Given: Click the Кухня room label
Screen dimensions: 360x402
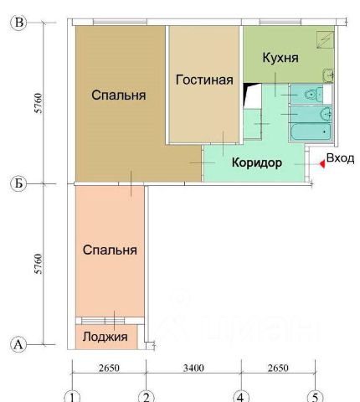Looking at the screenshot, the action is click(280, 58).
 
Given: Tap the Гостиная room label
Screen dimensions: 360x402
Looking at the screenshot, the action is click(204, 80).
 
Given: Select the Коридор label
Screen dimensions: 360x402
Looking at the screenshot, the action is click(257, 162).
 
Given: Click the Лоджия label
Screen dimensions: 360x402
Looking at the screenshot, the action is click(105, 337).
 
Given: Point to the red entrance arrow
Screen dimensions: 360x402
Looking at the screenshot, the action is click(322, 164).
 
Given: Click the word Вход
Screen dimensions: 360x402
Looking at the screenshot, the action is click(340, 158).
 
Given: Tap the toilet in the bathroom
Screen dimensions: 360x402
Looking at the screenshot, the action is click(314, 95).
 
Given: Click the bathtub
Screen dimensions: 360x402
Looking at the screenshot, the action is click(311, 132).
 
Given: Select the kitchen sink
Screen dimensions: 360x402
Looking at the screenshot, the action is click(328, 75).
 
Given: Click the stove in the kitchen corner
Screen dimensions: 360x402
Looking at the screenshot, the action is click(325, 39).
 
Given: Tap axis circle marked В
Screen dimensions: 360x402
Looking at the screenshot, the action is click(18, 23).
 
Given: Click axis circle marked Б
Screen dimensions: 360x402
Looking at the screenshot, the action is click(18, 183).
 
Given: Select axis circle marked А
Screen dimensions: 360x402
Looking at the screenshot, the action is click(18, 344).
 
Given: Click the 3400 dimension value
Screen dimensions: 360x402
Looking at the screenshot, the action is click(193, 368).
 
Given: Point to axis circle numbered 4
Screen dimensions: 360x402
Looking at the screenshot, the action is click(240, 396).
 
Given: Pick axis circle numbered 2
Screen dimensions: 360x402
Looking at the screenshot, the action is click(147, 396).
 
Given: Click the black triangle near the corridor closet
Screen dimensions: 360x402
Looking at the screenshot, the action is click(249, 92).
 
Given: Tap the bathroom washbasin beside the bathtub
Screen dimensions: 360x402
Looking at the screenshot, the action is click(326, 114).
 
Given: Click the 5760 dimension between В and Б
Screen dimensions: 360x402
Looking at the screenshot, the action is click(39, 103).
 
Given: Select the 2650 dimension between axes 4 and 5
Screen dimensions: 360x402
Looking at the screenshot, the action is click(278, 368).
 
